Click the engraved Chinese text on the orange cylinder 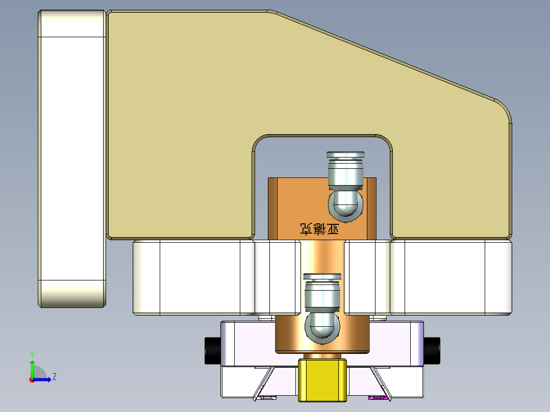click(x=320, y=229)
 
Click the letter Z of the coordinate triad click(x=54, y=377)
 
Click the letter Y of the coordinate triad click(x=32, y=354)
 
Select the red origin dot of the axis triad click(x=32, y=379)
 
